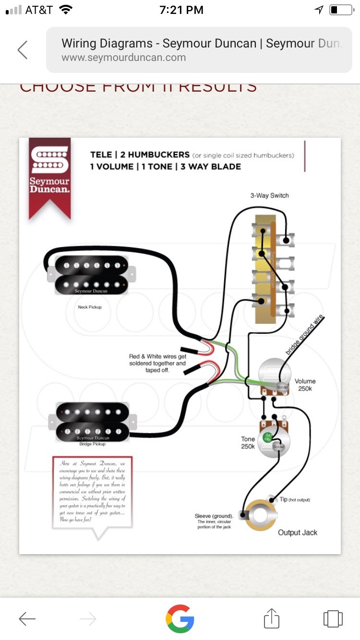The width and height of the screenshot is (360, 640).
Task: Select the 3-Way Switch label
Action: (x=269, y=196)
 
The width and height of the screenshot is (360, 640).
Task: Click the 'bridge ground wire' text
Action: (x=305, y=335)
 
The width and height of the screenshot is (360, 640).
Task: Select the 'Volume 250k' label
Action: (x=305, y=385)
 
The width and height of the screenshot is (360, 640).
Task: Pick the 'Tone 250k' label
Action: (x=248, y=443)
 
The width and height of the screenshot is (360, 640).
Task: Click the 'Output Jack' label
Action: (x=298, y=533)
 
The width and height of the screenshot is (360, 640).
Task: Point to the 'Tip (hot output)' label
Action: (x=295, y=499)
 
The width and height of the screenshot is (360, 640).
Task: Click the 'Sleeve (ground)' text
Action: (x=214, y=516)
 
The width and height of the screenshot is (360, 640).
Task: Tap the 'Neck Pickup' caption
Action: (x=90, y=307)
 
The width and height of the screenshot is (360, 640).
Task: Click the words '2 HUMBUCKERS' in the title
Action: (x=153, y=155)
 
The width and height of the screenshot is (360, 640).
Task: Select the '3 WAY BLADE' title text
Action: (x=211, y=167)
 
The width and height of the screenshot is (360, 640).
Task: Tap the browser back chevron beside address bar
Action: (x=23, y=50)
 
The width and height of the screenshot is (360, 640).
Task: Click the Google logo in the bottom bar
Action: (x=180, y=618)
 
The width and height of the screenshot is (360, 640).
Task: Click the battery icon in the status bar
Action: (x=341, y=10)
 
